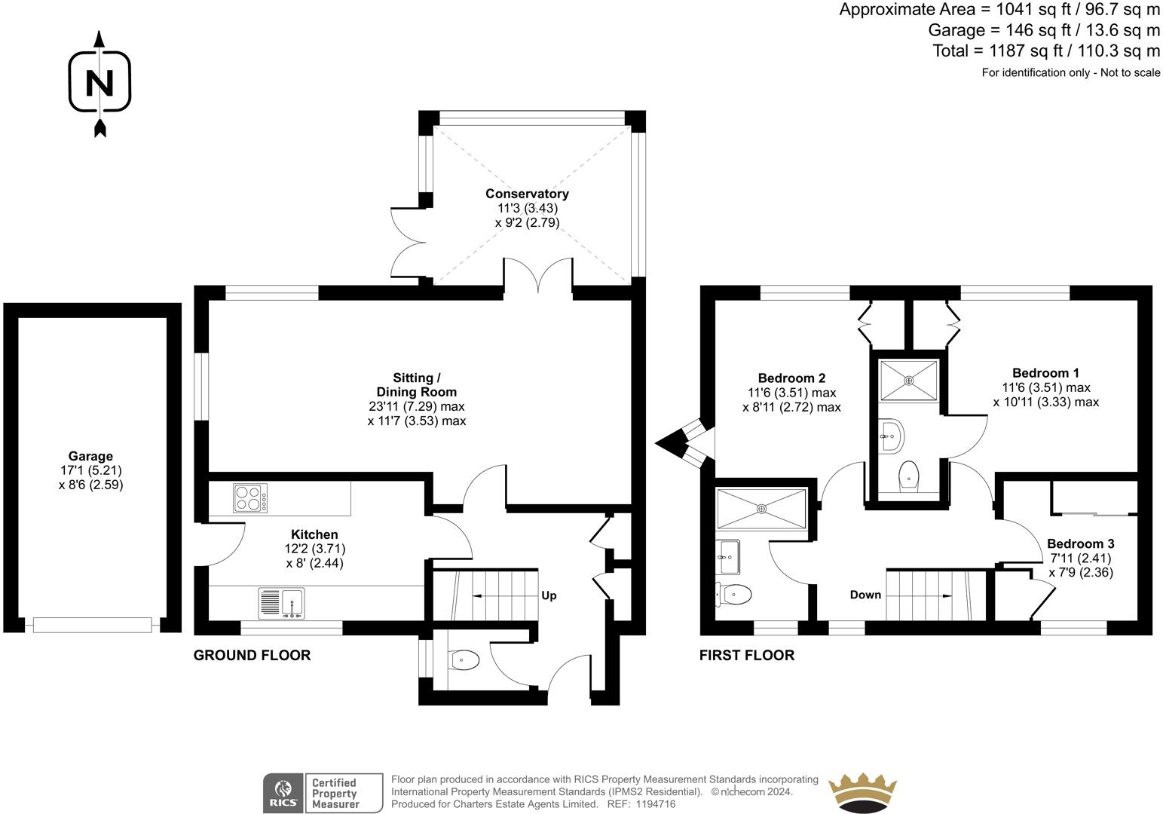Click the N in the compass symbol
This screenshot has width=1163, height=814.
tap(99, 83)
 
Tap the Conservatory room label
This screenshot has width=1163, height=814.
tap(527, 194)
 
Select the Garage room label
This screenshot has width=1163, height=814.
tap(90, 456)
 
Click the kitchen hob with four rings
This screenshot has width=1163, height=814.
tap(250, 498)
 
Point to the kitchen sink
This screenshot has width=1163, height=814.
tap(281, 603)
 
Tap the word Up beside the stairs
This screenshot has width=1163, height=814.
tap(549, 595)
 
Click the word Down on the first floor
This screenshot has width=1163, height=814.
tap(865, 595)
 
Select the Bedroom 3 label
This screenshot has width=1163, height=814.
tap(1080, 543)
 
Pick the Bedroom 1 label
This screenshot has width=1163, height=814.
tap(1045, 373)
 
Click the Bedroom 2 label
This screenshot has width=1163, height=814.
tap(791, 378)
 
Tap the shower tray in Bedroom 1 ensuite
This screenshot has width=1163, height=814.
tap(908, 381)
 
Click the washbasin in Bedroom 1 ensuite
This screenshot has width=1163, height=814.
tap(892, 436)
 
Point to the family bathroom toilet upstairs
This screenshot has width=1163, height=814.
tap(733, 594)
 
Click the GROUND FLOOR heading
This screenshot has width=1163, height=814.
tap(252, 655)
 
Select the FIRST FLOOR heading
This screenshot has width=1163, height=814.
tap(747, 655)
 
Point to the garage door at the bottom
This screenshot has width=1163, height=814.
tap(93, 625)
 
